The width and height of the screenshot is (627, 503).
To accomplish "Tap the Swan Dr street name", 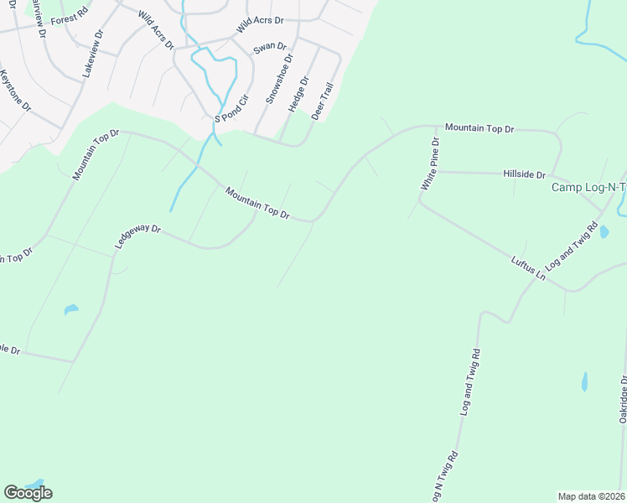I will (270, 47).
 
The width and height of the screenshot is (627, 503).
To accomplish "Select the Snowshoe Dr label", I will (280, 79).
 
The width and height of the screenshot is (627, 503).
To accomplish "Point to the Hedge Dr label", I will (298, 95).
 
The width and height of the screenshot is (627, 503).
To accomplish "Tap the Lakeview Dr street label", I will (92, 55).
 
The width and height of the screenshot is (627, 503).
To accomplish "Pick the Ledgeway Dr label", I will (137, 237).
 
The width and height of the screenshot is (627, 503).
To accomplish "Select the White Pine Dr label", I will (430, 162).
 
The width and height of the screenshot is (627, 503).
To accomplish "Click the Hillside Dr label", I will (524, 174).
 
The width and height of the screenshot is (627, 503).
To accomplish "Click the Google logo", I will (28, 493).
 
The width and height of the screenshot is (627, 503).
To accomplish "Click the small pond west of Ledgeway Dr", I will (71, 310).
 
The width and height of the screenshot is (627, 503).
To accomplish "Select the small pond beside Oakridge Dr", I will (584, 382).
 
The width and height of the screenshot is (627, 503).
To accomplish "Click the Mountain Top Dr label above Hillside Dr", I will (479, 128).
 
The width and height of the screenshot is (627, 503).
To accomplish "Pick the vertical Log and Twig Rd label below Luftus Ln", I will (469, 383).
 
